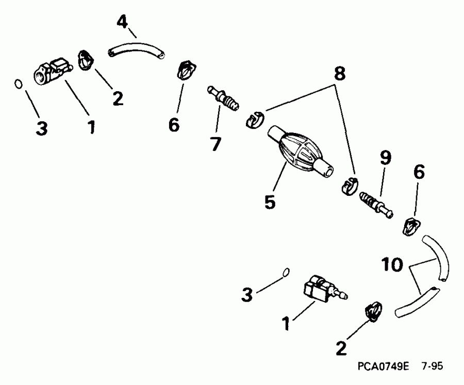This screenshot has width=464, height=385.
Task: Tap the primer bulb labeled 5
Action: click(x=300, y=152)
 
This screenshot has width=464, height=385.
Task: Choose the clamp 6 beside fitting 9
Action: click(x=412, y=226)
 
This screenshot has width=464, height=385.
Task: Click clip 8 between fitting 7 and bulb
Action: click(x=254, y=121)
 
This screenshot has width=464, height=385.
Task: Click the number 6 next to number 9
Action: click(x=419, y=173)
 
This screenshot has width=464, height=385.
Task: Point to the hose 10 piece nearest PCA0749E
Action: click(x=418, y=302)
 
